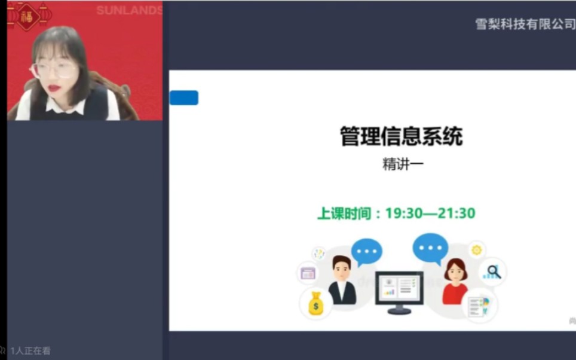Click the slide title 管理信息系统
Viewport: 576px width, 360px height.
401,136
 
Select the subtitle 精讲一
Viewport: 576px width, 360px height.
403,164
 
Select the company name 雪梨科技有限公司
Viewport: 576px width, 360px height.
525,25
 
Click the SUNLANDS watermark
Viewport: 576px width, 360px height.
130,10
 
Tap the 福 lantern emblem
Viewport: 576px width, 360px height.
27,16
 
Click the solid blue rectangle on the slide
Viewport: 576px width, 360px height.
184,98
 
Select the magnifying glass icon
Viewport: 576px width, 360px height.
494,272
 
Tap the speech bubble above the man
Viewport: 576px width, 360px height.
367,252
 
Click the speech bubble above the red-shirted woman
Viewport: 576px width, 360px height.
431,248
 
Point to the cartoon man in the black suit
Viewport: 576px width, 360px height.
342,280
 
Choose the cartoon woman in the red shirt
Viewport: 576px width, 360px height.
455,281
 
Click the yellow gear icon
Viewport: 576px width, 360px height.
477,250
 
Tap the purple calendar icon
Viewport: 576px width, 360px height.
308,273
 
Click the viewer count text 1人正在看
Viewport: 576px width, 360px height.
30,351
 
